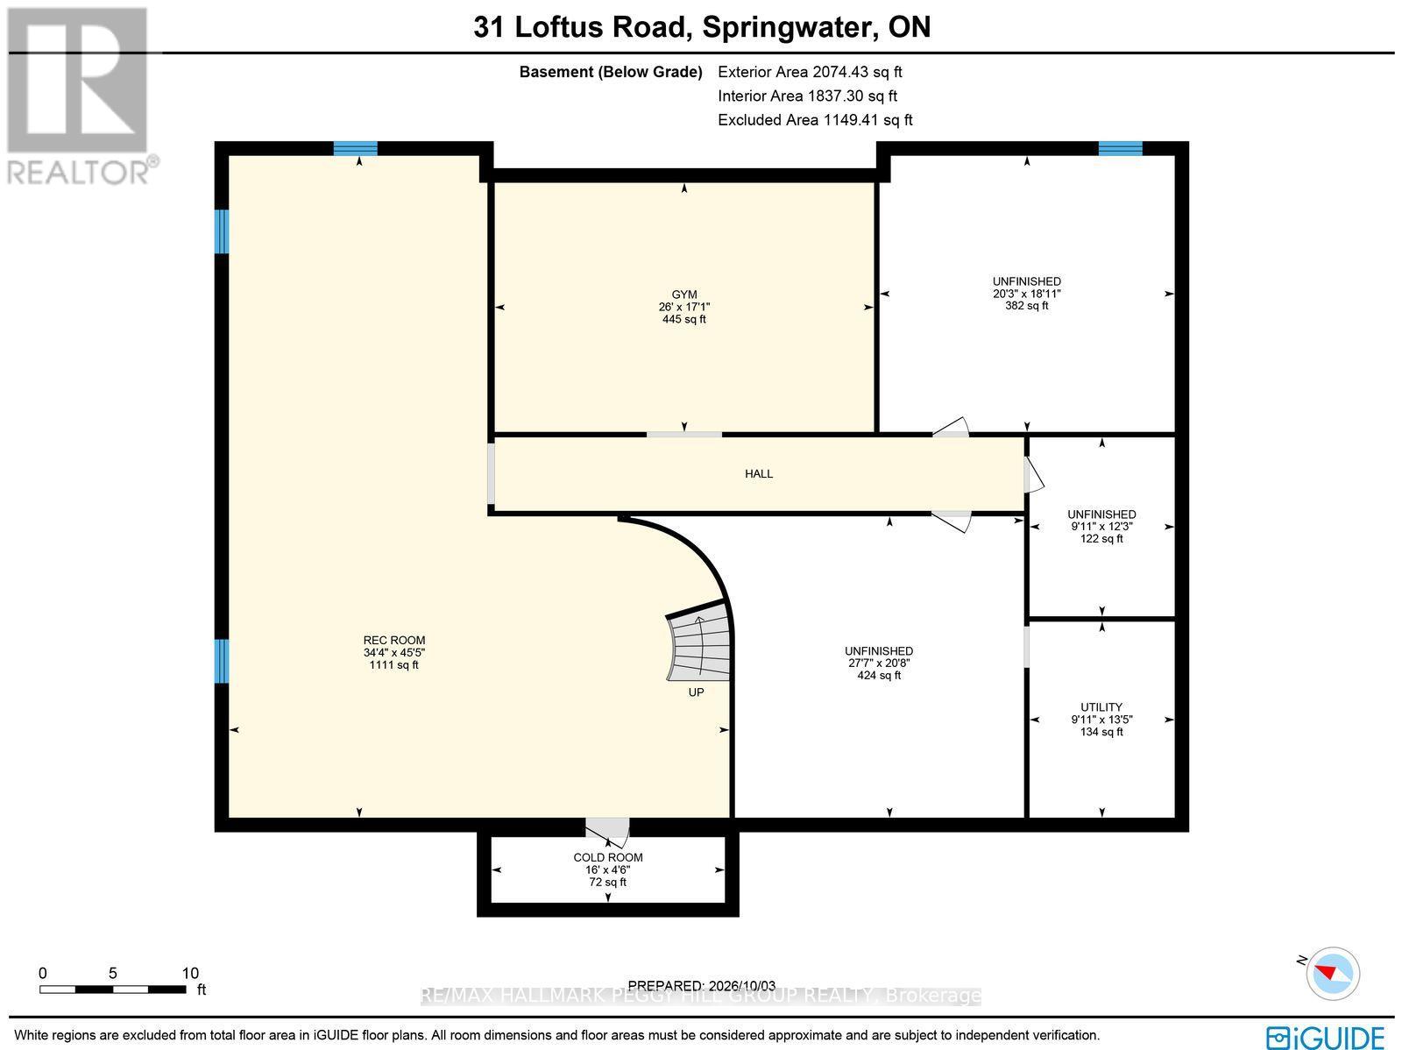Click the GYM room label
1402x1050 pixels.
pyautogui.click(x=683, y=294)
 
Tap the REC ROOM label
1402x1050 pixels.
pyautogui.click(x=394, y=640)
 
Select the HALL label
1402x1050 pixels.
pyautogui.click(x=759, y=473)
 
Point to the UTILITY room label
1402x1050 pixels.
pyautogui.click(x=1101, y=707)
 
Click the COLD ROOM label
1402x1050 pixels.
pyautogui.click(x=607, y=857)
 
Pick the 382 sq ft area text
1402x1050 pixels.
pyautogui.click(x=1026, y=305)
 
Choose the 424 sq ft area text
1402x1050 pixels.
pyautogui.click(x=879, y=675)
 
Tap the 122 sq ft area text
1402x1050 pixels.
pyautogui.click(x=1101, y=538)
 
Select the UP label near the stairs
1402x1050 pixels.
pyautogui.click(x=696, y=692)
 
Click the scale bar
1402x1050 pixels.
pyautogui.click(x=112, y=990)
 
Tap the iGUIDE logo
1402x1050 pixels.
pyautogui.click(x=1325, y=1037)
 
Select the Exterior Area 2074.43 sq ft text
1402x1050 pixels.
pyautogui.click(x=810, y=72)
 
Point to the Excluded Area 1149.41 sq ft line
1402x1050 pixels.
pyautogui.click(x=815, y=119)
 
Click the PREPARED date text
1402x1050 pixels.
pyautogui.click(x=701, y=986)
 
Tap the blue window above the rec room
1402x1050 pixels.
pyautogui.click(x=355, y=148)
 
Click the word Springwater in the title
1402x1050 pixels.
pyautogui.click(x=786, y=27)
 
